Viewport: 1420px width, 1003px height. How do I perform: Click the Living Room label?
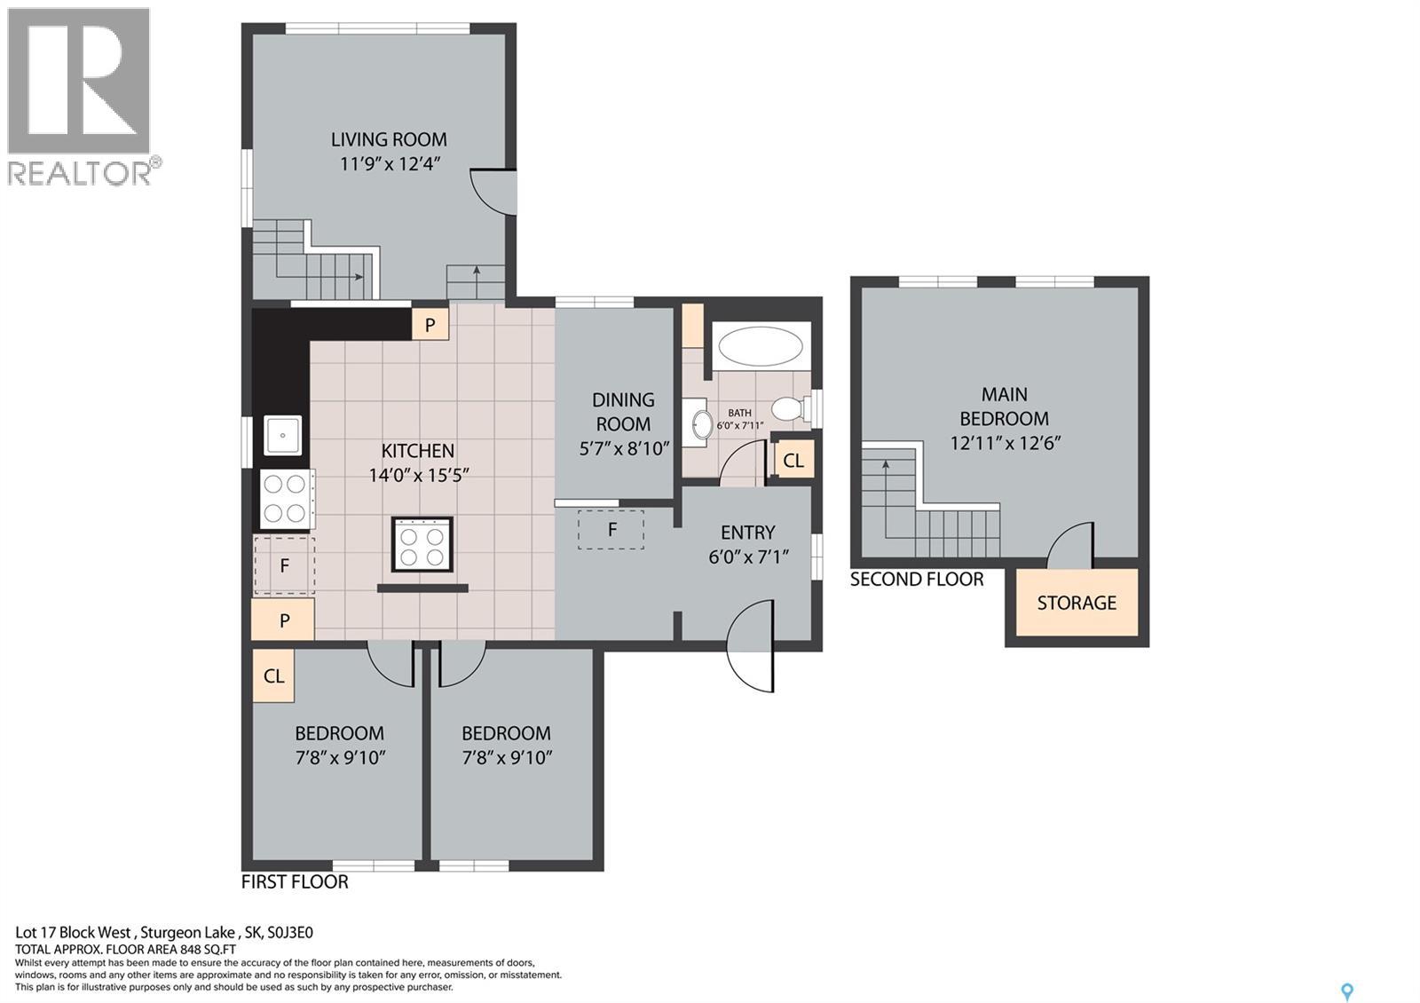[389, 139]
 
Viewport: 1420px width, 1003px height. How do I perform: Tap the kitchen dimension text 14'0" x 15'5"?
[418, 475]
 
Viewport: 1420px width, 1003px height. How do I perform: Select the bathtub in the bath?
[760, 346]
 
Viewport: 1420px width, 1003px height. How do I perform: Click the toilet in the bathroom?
[788, 409]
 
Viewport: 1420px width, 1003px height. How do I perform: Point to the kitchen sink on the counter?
[283, 436]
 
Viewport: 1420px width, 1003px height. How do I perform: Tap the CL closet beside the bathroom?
[793, 461]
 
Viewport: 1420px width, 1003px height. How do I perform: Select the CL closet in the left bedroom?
[273, 675]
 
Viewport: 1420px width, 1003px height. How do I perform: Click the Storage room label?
[1077, 603]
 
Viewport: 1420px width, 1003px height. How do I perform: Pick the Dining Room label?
[623, 412]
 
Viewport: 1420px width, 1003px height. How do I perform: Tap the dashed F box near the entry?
[611, 530]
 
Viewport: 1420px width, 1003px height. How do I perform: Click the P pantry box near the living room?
[430, 325]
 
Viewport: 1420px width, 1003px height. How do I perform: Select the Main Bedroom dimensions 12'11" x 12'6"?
[1006, 443]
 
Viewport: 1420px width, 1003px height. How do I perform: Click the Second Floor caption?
[917, 580]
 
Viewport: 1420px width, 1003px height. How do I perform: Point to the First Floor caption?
[295, 881]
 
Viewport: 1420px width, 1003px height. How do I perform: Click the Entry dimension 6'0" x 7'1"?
[748, 557]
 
